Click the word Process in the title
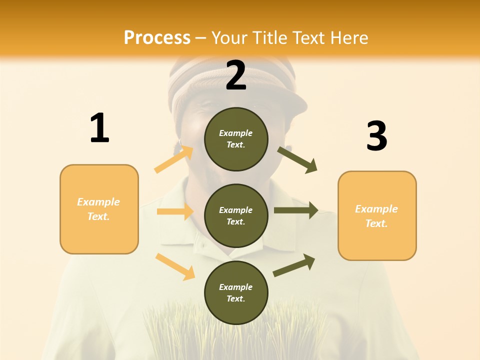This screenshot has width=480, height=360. pos(157,38)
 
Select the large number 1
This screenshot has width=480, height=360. pos(99,128)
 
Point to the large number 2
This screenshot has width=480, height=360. pos(236,76)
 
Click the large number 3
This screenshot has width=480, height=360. pos(376,136)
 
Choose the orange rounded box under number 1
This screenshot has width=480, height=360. pos(99,209)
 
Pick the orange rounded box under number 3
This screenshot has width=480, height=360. pos(377,215)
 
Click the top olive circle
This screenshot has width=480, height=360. pos(236,139)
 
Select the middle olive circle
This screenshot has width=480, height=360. pos(236,215)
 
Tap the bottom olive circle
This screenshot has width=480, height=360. pos(236,292)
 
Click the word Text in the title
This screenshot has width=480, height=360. pos(309,38)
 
